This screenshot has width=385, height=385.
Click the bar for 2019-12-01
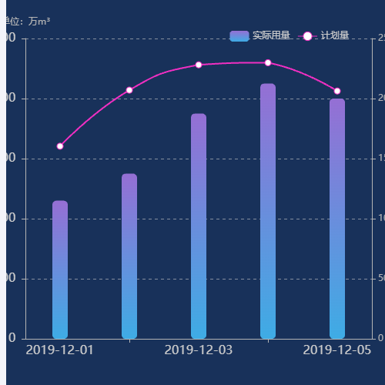[x=60, y=269]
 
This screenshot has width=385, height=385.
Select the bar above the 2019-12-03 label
[x=199, y=226]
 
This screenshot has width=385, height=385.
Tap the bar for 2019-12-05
[x=337, y=219]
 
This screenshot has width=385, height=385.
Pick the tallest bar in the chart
[x=268, y=211]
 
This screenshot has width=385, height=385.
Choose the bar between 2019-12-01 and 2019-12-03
[x=129, y=256]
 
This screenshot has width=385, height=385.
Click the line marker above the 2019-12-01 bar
[x=60, y=146]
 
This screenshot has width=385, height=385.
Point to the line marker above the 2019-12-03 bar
[x=199, y=65]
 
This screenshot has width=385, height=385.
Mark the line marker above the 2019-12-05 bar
[x=337, y=91]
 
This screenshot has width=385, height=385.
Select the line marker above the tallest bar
[x=268, y=62]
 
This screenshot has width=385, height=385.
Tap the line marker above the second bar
[x=129, y=90]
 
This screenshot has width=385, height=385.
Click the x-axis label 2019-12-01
[x=60, y=350]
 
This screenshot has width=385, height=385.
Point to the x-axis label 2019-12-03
[x=199, y=350]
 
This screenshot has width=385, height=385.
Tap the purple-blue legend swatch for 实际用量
[x=239, y=35]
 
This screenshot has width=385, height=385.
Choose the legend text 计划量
[x=335, y=35]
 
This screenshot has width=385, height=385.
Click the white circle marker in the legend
[x=307, y=35]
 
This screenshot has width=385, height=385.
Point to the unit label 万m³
[x=38, y=22]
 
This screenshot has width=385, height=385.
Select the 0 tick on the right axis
[x=380, y=338]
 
